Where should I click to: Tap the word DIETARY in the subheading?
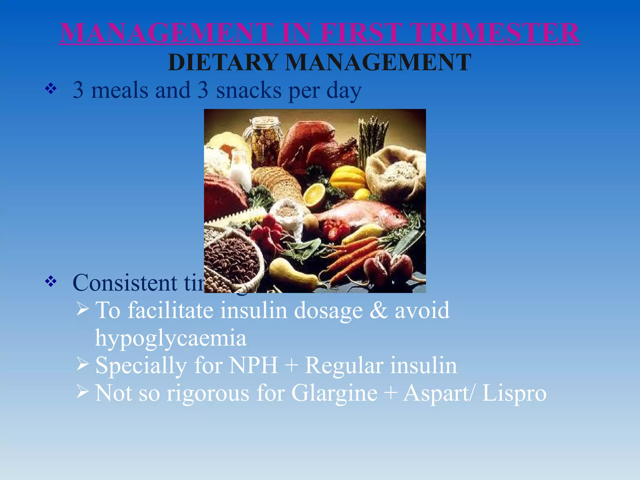pyautogui.click(x=223, y=62)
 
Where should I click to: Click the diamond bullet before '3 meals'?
pyautogui.click(x=51, y=89)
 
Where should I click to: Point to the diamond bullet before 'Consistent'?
pyautogui.click(x=51, y=282)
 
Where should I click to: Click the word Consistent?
pyautogui.click(x=125, y=282)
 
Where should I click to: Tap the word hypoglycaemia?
pyautogui.click(x=171, y=338)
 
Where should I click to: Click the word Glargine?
pyautogui.click(x=334, y=393)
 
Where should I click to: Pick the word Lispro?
pyautogui.click(x=514, y=393)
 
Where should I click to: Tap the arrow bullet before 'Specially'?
pyautogui.click(x=82, y=364)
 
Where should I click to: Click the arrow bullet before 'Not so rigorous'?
pyautogui.click(x=82, y=391)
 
